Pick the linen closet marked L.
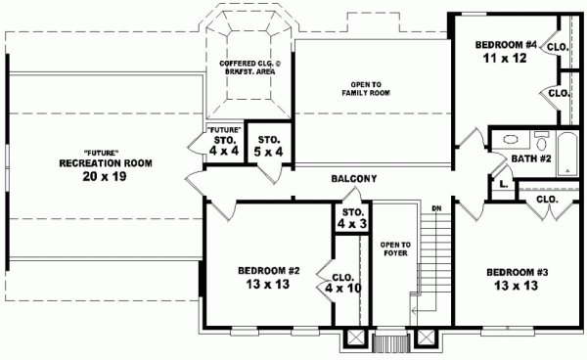[501, 182]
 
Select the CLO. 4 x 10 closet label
[348, 282]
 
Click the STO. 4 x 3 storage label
[353, 219]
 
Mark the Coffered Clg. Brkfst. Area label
[249, 67]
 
